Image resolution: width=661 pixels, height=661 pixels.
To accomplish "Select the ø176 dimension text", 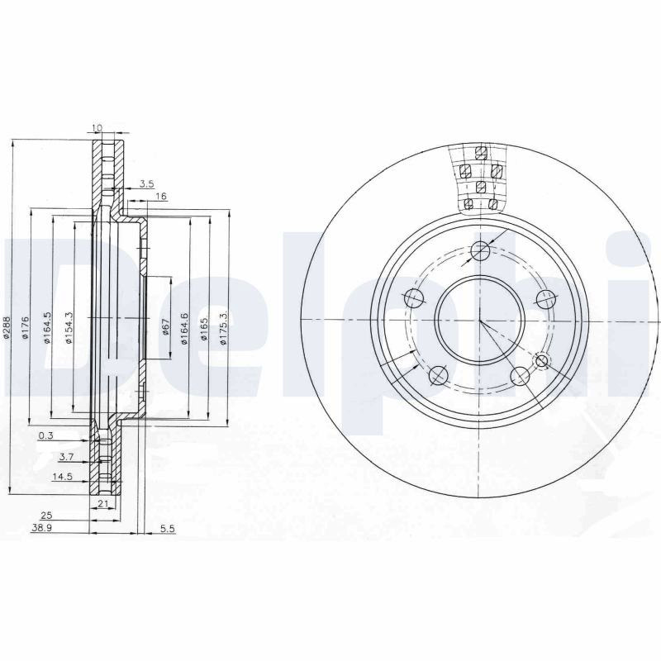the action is coord(25,327).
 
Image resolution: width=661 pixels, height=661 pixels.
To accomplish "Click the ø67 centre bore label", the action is coord(166,326).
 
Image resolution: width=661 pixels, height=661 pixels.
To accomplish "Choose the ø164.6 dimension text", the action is coord(184,329).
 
